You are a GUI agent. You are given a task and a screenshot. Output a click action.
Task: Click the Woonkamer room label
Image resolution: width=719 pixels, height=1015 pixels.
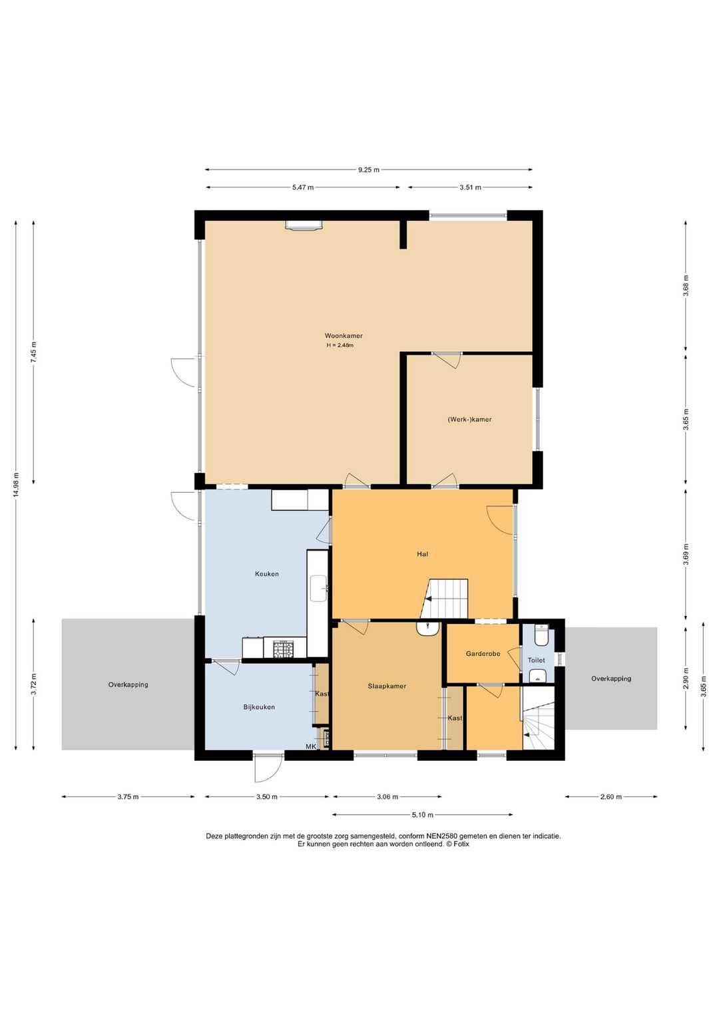[x=344, y=336]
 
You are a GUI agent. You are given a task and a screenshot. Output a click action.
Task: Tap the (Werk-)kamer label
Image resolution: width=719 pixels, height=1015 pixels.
[x=469, y=419]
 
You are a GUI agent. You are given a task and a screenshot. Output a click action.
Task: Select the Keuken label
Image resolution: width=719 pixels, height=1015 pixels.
[x=267, y=573]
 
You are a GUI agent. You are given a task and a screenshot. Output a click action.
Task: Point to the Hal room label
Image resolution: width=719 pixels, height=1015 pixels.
[x=422, y=553]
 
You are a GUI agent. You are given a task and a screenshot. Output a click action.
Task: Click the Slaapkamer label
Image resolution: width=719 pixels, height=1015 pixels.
[x=387, y=686]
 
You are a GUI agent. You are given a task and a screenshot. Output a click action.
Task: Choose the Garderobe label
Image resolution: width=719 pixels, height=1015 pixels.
[x=483, y=653]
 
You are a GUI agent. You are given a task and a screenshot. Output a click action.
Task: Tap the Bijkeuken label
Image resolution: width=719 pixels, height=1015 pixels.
[x=259, y=707]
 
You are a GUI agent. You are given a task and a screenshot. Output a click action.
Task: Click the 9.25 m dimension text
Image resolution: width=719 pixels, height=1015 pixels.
[x=368, y=170]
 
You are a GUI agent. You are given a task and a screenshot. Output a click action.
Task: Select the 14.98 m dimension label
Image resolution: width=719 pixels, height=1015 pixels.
[x=16, y=485]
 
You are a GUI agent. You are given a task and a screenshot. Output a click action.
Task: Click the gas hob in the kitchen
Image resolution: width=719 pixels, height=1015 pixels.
[x=284, y=648]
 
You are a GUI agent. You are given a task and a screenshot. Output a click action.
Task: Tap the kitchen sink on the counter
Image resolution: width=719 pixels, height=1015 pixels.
[x=318, y=589]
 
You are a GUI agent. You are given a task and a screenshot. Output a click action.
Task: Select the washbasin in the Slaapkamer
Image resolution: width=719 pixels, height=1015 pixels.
[x=427, y=629]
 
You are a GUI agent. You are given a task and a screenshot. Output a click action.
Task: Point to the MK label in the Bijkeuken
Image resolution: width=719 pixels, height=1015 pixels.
[x=311, y=746]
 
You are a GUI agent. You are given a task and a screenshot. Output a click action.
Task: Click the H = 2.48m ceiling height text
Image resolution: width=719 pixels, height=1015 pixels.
[x=340, y=345]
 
